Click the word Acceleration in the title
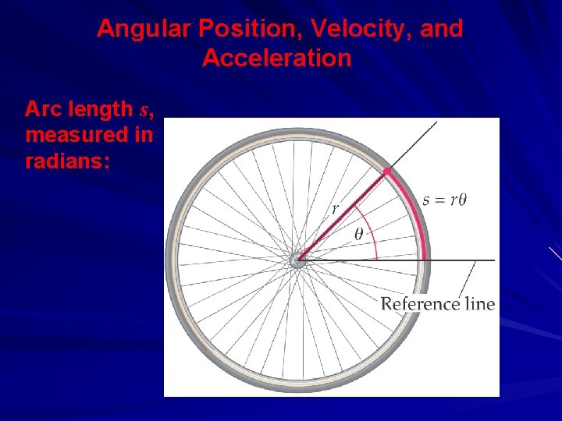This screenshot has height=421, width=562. (277, 58)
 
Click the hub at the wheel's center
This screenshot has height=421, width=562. (298, 260)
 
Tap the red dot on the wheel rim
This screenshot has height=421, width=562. (387, 171)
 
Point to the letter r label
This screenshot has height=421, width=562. (335, 209)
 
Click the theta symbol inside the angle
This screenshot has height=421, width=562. (359, 233)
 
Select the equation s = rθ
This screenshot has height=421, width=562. (445, 200)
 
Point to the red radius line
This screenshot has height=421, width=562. (343, 214)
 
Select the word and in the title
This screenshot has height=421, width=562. (443, 30)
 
